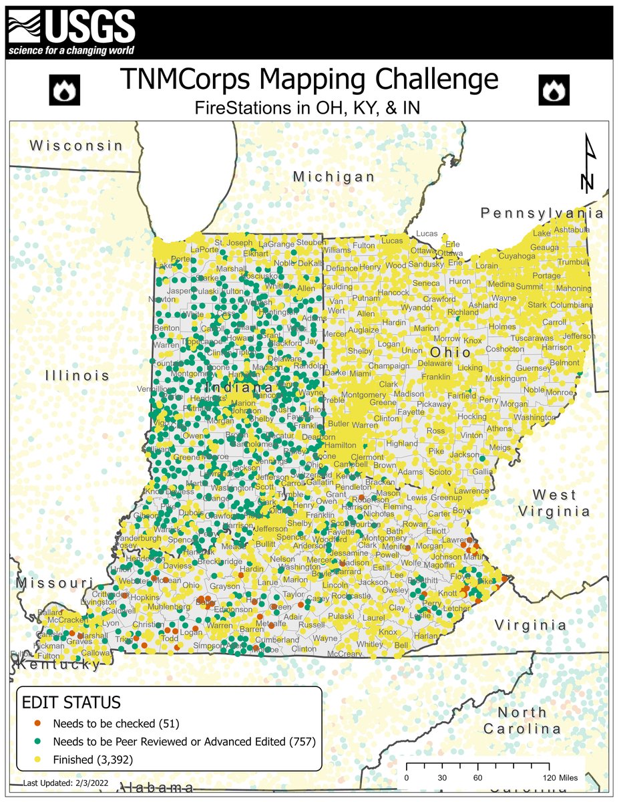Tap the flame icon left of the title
click(65, 90)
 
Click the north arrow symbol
click(588, 164)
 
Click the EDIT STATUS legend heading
click(71, 702)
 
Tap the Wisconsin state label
click(76, 145)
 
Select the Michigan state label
click(334, 176)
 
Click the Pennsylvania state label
click(542, 213)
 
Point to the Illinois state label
click(77, 376)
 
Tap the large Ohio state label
click(445, 352)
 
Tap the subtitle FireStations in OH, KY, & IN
click(309, 106)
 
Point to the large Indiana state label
click(239, 388)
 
